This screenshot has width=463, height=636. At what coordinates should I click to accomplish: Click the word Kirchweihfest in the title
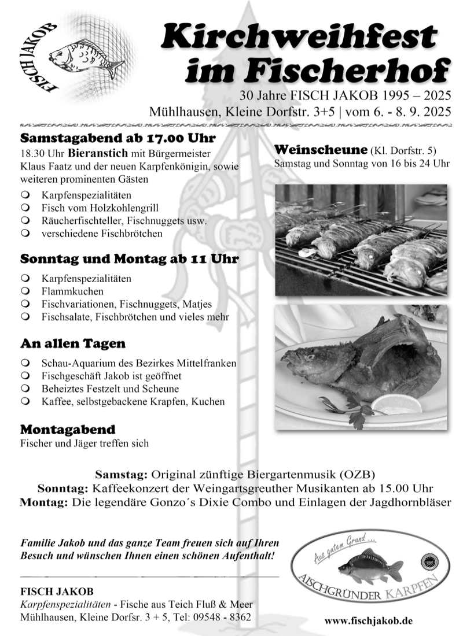[299, 36]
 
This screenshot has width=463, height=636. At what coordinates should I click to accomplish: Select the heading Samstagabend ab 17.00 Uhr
[118, 139]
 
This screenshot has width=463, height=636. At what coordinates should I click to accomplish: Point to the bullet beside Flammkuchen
[25, 291]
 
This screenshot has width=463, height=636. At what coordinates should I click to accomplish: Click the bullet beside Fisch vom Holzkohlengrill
[25, 208]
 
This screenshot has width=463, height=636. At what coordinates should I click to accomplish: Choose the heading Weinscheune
[321, 150]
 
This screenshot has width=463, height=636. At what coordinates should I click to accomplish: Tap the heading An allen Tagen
[73, 344]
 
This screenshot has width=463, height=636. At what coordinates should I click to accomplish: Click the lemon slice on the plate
[397, 404]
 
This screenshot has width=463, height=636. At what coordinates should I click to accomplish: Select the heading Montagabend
[68, 430]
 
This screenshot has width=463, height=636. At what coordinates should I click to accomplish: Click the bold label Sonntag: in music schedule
[63, 488]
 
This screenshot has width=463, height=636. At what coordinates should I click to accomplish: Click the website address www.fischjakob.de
[369, 621]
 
